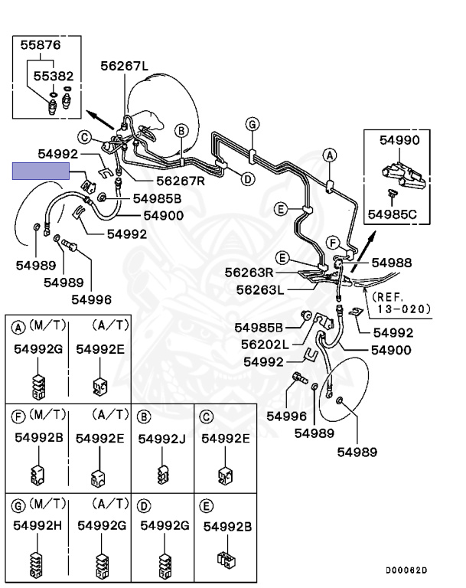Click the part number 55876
[40, 45]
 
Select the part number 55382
[54, 76]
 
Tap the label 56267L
[124, 66]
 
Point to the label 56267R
[181, 181]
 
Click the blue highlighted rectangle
[41, 171]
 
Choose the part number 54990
[399, 140]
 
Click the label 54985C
[392, 214]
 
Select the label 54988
[392, 263]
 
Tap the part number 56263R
[249, 273]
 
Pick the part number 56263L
[260, 290]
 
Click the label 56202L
[265, 345]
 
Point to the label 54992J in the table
[162, 439]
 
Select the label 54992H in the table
[37, 526]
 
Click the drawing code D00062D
[406, 570]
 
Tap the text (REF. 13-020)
[401, 303]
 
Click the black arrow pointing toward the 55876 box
[100, 119]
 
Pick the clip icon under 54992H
[37, 564]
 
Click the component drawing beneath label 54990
[403, 175]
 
